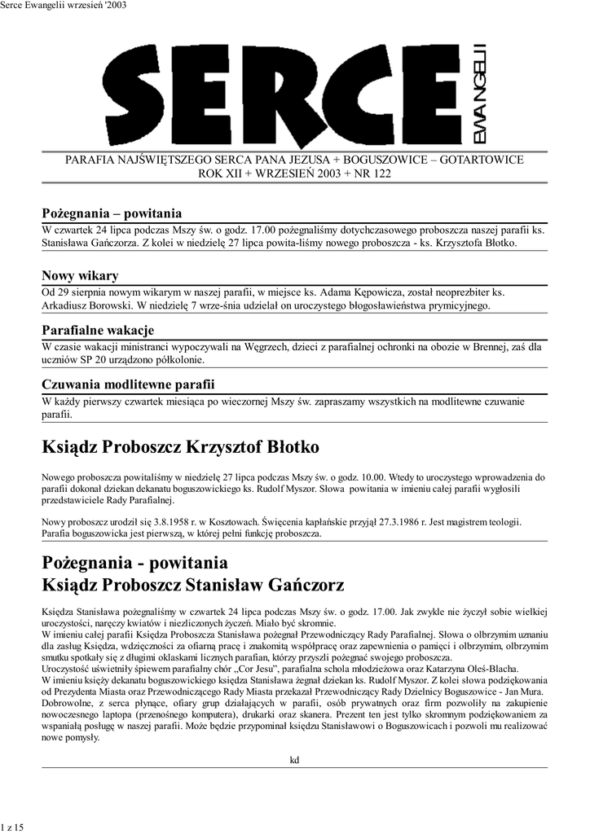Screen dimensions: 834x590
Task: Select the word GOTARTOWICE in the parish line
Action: pos(482,160)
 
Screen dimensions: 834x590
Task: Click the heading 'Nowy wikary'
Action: pos(80,275)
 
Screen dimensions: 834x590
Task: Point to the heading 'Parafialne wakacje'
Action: pos(98,330)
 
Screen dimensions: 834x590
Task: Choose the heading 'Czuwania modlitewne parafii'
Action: pos(128,384)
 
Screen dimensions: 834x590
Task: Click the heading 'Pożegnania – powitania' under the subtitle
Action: pos(112,213)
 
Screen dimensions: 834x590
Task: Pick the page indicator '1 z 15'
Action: pos(13,827)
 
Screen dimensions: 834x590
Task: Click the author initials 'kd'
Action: pos(295,760)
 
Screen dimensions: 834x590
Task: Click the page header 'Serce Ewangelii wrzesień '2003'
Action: pos(64,6)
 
